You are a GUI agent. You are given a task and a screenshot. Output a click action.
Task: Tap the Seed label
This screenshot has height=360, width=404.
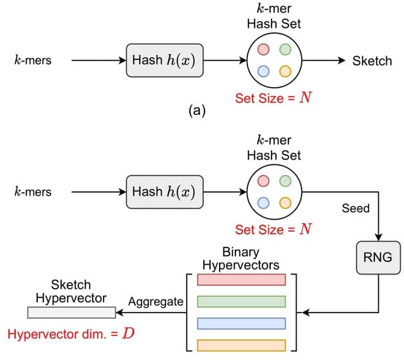[x=355, y=208]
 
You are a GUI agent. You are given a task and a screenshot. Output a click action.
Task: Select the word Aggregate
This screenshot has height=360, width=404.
[x=155, y=302]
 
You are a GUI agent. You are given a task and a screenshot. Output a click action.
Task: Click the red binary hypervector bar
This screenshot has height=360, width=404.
[x=242, y=280]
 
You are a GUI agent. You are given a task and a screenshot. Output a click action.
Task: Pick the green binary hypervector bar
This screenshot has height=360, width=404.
[x=242, y=301]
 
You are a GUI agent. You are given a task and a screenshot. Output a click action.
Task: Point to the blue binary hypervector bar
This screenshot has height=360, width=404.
[x=242, y=323]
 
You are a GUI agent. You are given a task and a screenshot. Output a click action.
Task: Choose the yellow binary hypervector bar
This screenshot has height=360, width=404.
[x=242, y=345]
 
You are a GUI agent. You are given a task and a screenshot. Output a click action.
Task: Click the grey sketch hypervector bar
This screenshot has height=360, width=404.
[x=71, y=312]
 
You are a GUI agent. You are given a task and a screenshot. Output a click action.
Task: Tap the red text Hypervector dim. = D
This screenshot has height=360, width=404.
[x=71, y=333]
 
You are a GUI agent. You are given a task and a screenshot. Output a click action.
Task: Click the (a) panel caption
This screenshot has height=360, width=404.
[x=197, y=112]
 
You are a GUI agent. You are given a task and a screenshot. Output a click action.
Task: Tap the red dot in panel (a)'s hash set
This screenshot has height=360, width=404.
[x=264, y=49]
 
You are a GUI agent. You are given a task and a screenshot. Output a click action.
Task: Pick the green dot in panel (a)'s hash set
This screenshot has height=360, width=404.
[x=285, y=49]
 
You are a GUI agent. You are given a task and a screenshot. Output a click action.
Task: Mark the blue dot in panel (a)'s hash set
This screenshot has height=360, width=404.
[x=264, y=71]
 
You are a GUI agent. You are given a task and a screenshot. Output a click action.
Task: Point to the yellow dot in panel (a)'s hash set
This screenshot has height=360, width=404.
[x=285, y=71]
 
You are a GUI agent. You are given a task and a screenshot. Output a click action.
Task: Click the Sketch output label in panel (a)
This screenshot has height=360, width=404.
[x=372, y=61]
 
